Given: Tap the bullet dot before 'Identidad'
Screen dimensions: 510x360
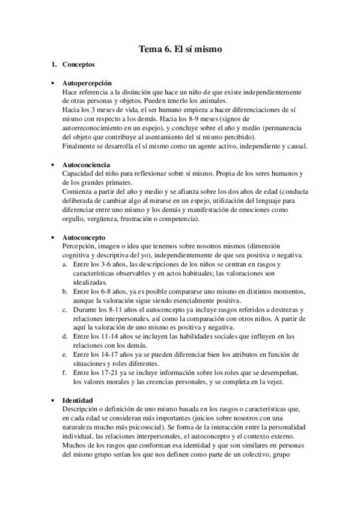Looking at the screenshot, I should tap(53, 401).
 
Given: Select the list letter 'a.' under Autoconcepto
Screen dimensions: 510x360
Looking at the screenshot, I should tap(65, 264).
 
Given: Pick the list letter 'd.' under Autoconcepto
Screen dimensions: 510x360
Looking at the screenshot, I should tap(65, 337).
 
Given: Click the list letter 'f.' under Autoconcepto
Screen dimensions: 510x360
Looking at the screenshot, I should tap(65, 373).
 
